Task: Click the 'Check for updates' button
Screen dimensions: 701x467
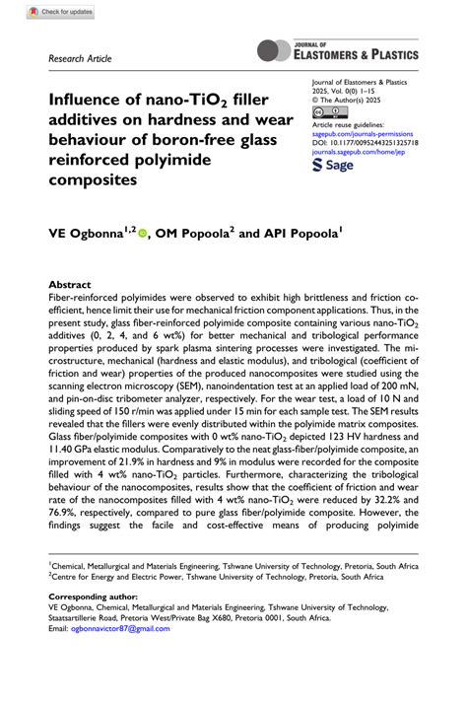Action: point(62,11)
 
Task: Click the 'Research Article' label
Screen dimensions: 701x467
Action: point(80,59)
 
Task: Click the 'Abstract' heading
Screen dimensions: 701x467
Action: point(70,281)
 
